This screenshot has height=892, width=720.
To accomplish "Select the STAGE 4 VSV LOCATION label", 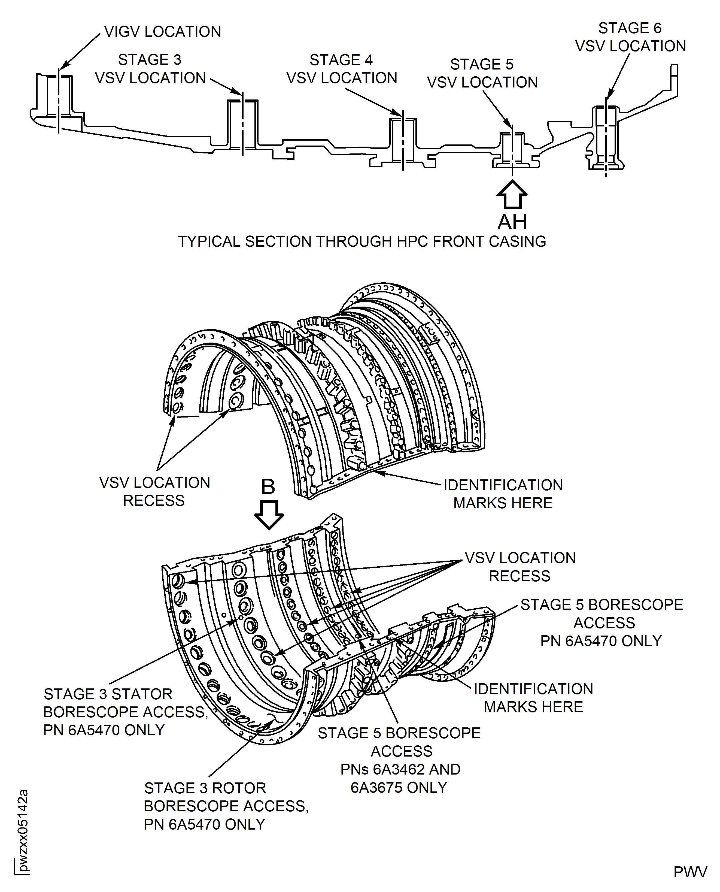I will tap(341, 69).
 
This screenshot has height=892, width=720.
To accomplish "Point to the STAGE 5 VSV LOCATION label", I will tap(482, 73).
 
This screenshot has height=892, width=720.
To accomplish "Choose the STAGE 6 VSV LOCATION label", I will tap(630, 37).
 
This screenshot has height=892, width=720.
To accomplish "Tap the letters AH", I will tap(512, 222).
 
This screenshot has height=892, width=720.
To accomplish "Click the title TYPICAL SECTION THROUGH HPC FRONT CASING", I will tap(362, 241).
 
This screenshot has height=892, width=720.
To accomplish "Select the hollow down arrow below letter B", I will tap(269, 515).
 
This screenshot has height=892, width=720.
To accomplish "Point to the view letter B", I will tap(268, 487).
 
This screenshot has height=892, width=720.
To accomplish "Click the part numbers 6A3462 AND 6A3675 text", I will tap(400, 778).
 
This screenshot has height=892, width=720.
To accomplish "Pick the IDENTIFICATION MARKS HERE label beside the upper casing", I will tap(503, 494).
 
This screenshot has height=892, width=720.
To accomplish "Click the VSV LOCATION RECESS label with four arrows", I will tap(520, 567).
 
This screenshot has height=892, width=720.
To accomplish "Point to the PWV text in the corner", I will tap(690, 872).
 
